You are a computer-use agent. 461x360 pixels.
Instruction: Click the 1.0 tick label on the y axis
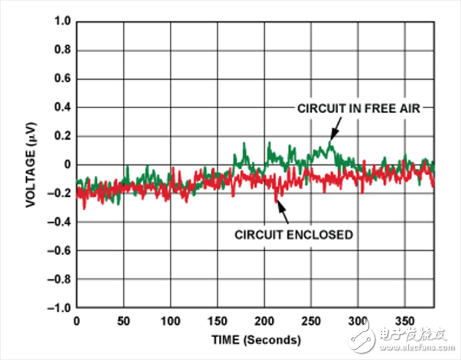(60, 21)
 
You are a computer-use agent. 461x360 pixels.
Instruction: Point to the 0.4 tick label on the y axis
(60, 107)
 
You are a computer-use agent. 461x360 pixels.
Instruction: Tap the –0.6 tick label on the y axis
(57, 250)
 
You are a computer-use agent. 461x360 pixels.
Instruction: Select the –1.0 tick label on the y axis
(57, 308)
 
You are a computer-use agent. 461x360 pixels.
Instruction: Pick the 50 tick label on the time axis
(124, 319)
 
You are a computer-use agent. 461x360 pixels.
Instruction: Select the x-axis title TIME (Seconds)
(255, 338)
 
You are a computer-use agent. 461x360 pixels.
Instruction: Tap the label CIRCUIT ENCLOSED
(294, 235)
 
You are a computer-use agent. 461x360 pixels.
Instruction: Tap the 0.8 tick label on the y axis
(60, 50)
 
